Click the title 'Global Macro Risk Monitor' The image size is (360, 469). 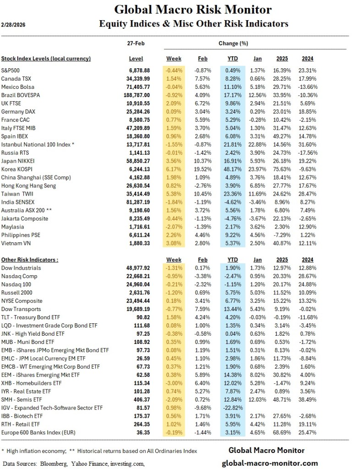192,9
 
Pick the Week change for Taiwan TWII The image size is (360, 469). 174,194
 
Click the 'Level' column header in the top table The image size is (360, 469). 136,59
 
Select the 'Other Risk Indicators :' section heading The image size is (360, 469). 30,259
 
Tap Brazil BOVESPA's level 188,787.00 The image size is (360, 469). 136,95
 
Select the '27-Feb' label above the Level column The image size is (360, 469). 136,43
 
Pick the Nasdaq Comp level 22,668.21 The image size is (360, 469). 137,276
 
